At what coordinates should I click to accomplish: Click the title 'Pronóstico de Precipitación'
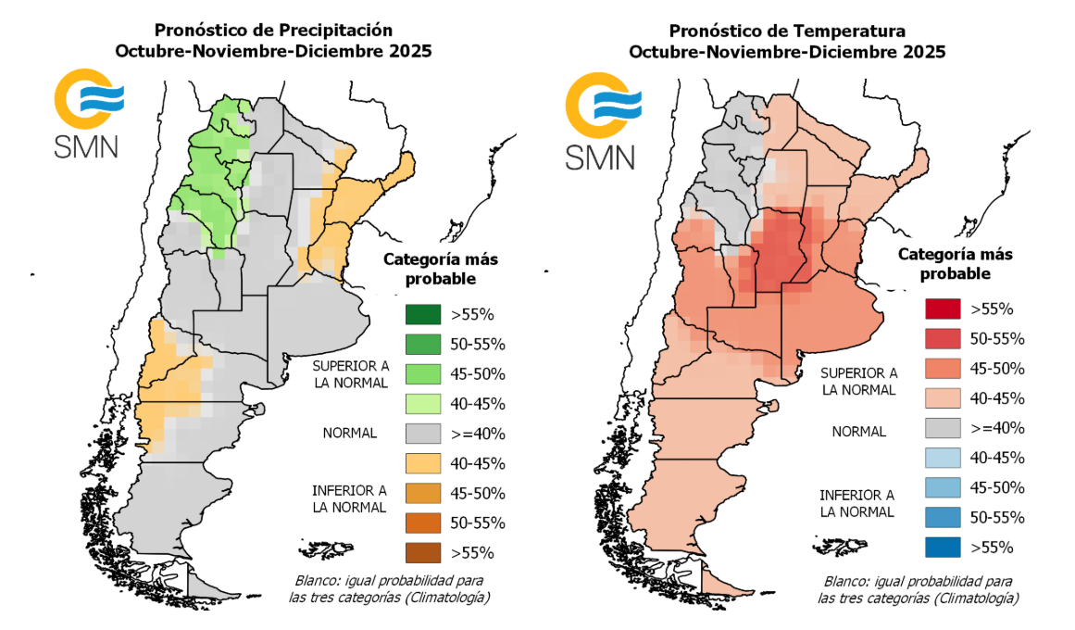[x=273, y=31]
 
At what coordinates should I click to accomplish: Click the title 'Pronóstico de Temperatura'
[x=787, y=31]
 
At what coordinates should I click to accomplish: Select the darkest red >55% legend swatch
[x=943, y=309]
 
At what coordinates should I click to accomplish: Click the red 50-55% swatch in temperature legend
[x=943, y=338]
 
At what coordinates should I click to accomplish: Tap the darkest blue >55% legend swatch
[x=943, y=547]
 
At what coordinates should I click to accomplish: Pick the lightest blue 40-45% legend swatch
[x=943, y=458]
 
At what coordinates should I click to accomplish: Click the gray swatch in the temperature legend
[x=943, y=428]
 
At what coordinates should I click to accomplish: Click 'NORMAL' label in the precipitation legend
[x=349, y=433]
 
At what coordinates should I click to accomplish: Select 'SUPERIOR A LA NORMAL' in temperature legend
[x=858, y=381]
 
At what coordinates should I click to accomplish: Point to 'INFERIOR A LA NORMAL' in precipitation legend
[x=349, y=498]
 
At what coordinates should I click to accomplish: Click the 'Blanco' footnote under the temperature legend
[x=917, y=589]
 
